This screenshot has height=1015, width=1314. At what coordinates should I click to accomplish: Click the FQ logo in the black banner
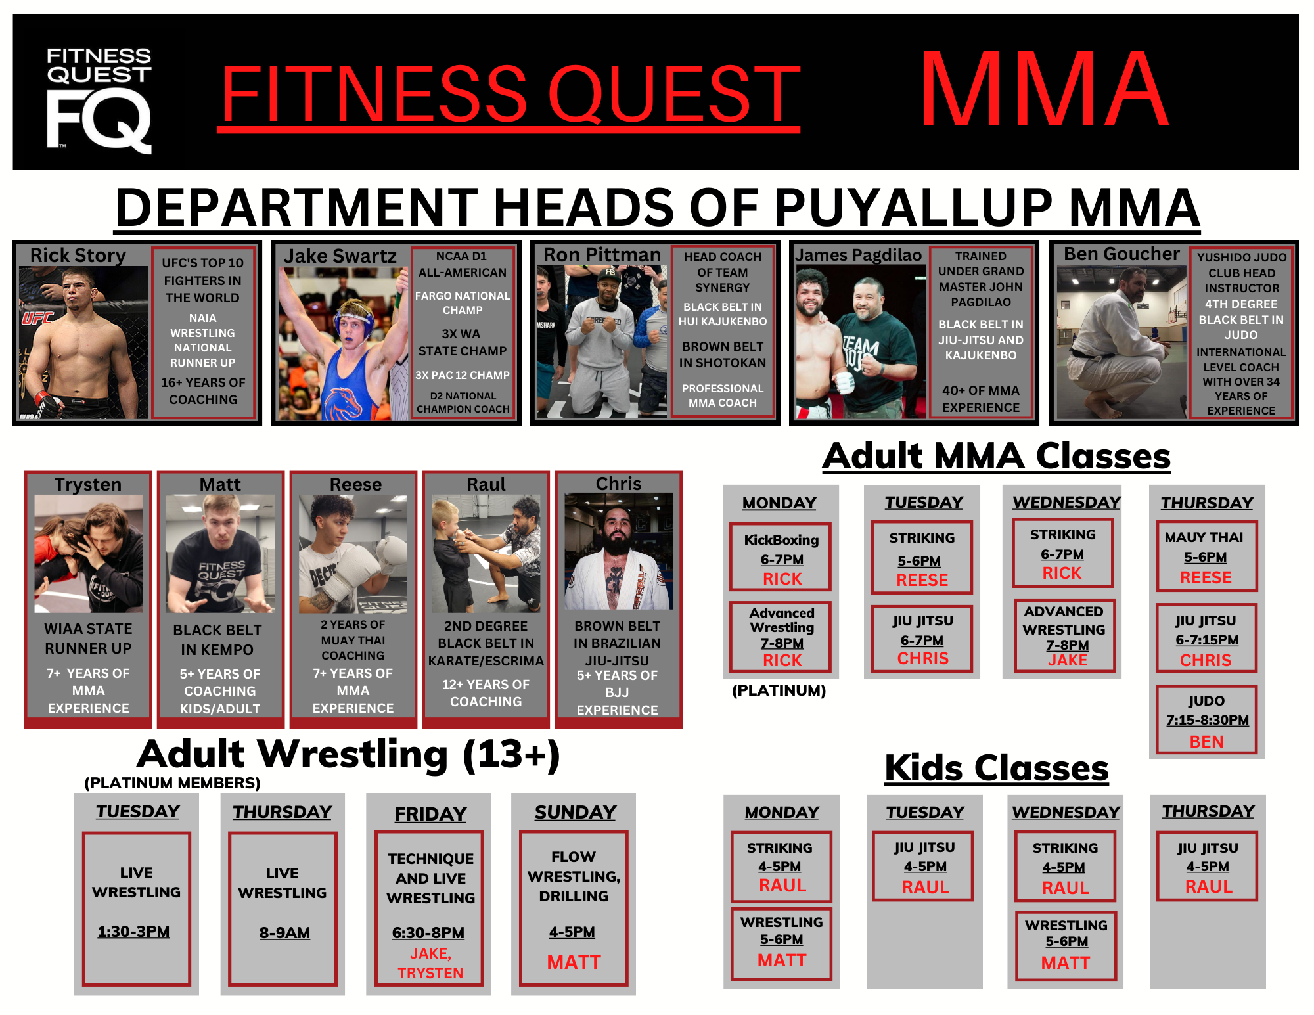99,101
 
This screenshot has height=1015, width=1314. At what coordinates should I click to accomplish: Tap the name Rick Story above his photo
78,255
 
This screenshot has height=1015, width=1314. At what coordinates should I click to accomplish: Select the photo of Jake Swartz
344,344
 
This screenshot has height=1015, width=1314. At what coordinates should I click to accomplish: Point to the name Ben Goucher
1121,254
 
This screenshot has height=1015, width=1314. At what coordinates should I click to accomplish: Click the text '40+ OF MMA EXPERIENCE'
981,399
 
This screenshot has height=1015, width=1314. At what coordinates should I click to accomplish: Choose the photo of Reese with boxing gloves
353,554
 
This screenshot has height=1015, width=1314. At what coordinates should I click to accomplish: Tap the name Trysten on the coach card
88,484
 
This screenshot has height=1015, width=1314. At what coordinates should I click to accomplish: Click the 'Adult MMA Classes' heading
997,456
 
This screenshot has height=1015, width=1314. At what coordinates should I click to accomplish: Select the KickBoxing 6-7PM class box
781,557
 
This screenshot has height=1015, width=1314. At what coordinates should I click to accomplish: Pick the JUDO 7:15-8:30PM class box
1206,719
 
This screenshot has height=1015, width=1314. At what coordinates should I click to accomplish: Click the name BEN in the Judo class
1206,742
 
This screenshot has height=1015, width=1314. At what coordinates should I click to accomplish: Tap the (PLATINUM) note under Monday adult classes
779,690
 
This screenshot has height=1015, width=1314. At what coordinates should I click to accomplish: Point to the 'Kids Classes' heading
997,767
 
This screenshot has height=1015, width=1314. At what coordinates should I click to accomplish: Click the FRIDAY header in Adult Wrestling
430,814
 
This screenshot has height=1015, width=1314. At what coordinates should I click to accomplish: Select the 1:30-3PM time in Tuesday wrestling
134,932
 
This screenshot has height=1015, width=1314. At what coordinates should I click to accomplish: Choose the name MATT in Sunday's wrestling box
574,962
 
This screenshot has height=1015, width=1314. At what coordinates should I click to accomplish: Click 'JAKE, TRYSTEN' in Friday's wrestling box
430,963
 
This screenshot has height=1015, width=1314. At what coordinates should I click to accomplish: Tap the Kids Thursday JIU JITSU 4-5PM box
1207,867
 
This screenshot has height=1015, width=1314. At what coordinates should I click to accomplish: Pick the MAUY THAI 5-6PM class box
1206,556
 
